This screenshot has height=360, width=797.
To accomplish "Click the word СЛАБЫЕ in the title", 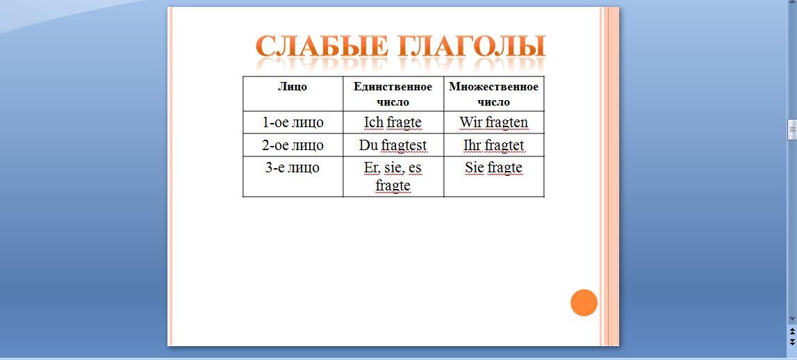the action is (x=322, y=46).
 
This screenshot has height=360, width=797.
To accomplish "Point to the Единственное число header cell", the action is (x=393, y=94).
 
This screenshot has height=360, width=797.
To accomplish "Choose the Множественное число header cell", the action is (x=493, y=94).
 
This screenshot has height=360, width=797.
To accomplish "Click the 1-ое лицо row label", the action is (x=293, y=122).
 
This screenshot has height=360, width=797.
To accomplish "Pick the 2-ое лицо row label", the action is (x=293, y=145).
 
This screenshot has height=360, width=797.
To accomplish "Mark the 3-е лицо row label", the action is (x=293, y=167).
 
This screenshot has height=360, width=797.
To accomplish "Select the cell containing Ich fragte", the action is (x=393, y=122).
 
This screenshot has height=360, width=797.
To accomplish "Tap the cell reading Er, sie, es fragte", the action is (x=393, y=177).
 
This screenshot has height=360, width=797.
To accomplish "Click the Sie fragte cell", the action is (x=493, y=177).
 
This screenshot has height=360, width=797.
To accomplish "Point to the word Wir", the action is (x=470, y=122).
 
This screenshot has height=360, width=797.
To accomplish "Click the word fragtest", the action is (x=404, y=146).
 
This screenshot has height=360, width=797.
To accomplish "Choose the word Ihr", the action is (x=473, y=145).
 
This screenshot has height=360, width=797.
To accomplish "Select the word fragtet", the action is (x=504, y=146).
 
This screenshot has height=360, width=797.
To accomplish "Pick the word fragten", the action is (x=507, y=123).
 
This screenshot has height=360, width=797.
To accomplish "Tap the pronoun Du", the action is (x=368, y=145).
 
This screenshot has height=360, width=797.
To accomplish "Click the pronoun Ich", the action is (x=373, y=122).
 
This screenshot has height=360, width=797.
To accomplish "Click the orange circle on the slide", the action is (x=584, y=302).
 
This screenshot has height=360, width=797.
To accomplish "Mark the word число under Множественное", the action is (x=493, y=102).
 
